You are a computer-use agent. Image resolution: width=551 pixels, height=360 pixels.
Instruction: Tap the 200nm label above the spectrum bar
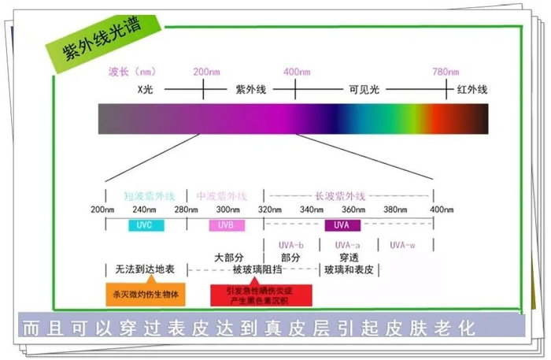coord(206,72)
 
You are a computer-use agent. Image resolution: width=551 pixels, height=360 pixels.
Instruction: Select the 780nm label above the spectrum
coord(446,72)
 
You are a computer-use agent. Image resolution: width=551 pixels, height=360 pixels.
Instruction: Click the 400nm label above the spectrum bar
coord(297,72)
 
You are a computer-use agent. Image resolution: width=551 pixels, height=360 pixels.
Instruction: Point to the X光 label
coord(145,90)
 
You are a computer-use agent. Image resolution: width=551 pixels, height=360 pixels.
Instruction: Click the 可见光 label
coord(364,90)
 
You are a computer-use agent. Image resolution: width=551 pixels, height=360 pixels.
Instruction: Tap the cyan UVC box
coord(145,225)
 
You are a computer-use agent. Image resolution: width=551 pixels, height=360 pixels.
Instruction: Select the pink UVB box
coord(227,225)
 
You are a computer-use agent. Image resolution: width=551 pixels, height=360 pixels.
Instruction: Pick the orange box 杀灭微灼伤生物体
coord(146,293)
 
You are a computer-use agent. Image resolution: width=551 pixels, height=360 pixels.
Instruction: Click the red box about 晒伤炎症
coord(261,294)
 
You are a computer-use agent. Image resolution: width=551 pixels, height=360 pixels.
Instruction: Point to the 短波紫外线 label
coord(145,195)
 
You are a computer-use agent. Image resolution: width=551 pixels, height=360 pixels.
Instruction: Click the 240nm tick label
coord(145,210)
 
